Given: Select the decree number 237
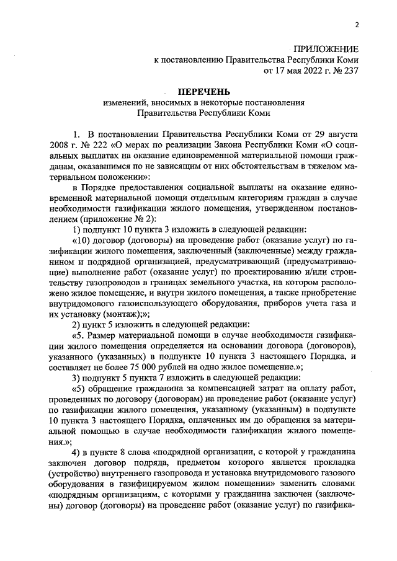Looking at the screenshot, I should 350,71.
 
